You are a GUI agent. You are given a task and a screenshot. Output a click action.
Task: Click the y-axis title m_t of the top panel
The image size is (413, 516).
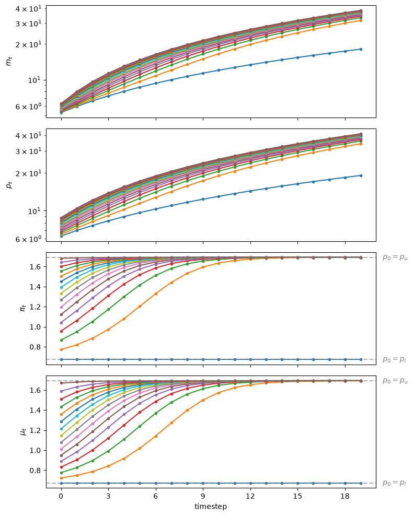pos(9,61)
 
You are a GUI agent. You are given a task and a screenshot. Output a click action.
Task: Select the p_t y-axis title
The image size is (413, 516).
pos(9,185)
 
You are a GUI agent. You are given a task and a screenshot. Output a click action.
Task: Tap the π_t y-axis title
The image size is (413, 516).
pos(23,308)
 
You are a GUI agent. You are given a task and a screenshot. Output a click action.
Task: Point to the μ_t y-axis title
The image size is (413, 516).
pos(23,431)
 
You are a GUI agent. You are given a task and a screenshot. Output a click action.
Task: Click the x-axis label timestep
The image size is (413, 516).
pos(211,506)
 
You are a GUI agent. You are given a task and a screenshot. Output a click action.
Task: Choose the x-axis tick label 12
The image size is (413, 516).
pos(250,496)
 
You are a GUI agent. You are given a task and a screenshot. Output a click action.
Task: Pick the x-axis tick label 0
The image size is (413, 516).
pos(61,496)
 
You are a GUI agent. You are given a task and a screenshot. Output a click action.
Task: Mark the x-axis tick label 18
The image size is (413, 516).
pos(345,496)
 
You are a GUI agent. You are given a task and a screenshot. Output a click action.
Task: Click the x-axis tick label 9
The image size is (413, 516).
pos(203,496)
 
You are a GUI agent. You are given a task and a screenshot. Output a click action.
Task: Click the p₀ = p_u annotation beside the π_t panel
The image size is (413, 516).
pos(395,257)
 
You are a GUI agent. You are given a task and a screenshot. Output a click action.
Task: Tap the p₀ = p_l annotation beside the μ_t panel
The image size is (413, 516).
pos(394,483)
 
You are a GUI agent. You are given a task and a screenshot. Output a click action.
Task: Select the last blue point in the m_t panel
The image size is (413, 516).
pos(361,50)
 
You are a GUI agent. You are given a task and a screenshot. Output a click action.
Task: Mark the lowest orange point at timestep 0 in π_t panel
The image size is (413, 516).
pos(61,349)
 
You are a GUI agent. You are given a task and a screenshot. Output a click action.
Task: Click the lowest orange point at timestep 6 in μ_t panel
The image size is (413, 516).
pos(156,437)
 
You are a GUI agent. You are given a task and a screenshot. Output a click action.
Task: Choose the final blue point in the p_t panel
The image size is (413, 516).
pos(361,175)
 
